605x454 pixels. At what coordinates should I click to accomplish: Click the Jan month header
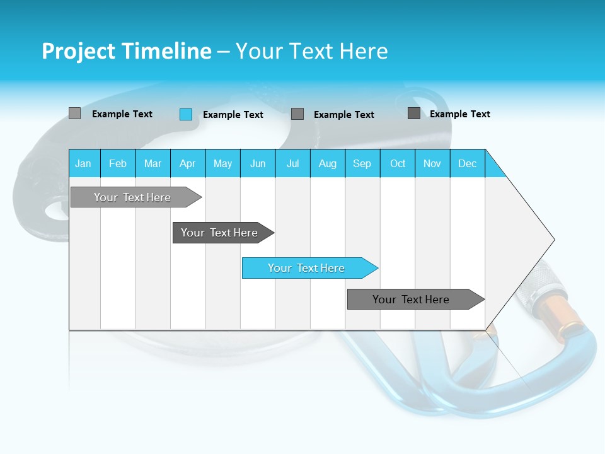tap(83, 163)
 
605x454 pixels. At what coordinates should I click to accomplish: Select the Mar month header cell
tap(153, 163)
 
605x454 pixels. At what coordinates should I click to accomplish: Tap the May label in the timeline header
tap(222, 163)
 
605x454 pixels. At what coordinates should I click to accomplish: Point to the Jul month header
tap(292, 163)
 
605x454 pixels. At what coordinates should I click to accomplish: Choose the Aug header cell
tap(327, 163)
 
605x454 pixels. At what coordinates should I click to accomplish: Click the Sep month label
tap(362, 163)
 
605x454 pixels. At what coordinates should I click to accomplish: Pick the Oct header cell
tap(398, 163)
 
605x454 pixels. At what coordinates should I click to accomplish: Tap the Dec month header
tap(467, 163)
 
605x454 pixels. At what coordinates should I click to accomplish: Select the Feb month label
tap(118, 163)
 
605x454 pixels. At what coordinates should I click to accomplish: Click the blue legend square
tap(186, 114)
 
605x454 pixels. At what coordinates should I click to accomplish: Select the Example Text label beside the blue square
tap(233, 115)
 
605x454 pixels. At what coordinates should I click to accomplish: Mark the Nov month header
tap(432, 163)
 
